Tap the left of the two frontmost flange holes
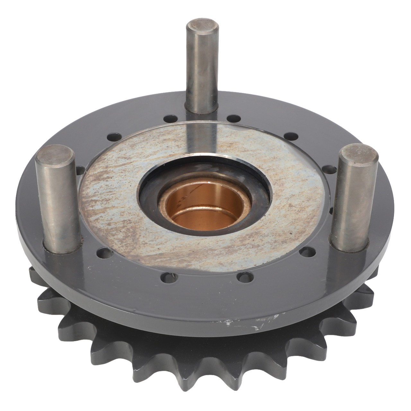click(x=166, y=276)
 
